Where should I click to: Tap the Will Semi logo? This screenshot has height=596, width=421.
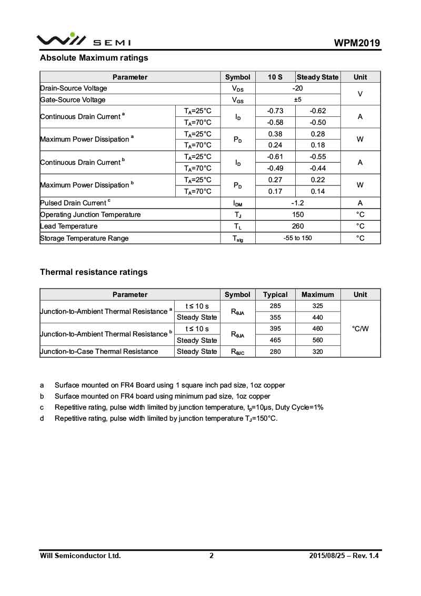coord(83,39)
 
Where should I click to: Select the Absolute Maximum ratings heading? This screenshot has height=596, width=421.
coord(94,58)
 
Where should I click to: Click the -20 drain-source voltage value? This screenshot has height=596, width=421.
coord(297,88)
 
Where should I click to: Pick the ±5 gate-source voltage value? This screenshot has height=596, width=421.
coord(297,100)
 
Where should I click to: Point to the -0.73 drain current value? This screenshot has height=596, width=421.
coord(275,111)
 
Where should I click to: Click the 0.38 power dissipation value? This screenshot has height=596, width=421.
coord(275,134)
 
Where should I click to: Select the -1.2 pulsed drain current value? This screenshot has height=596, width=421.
coord(297,203)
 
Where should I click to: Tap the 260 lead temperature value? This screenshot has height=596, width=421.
coord(297,226)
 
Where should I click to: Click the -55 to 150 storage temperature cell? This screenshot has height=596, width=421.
coord(297,238)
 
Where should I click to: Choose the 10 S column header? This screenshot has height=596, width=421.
coord(275,77)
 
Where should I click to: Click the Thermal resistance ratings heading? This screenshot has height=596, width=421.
coord(94,272)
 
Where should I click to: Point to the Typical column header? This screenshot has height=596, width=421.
coord(275,294)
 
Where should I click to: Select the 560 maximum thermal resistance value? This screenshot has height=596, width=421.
coord(317,340)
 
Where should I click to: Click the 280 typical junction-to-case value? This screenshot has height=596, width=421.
coord(275,351)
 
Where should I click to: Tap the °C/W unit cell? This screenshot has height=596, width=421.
coord(360,329)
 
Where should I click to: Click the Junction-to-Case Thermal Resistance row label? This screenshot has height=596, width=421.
coord(99,351)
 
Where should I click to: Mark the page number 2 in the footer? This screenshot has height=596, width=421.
coord(212,555)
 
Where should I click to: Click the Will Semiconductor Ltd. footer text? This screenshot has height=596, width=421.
coord(81,555)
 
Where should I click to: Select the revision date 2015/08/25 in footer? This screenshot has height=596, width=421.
coord(326,555)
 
